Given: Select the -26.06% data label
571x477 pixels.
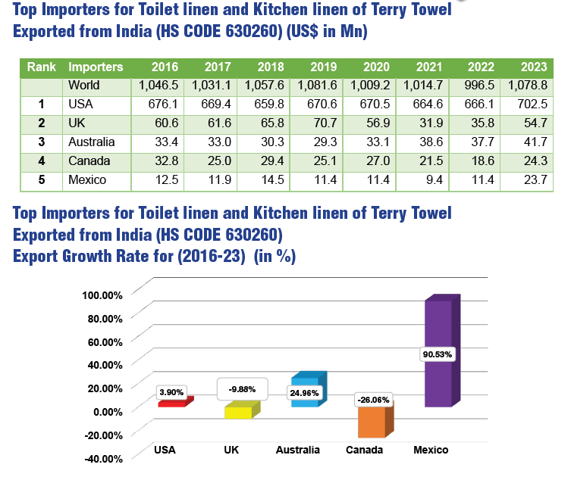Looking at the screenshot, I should [373, 399].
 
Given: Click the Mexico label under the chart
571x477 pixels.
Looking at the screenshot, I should [431, 450].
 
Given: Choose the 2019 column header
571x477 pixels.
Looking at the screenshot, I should [323, 67].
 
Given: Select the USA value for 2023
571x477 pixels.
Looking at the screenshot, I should [534, 104].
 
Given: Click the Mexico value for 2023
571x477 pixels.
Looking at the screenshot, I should [534, 179].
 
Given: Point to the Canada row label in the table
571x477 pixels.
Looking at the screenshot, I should [89, 161].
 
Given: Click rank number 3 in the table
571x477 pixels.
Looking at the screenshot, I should [42, 142].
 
